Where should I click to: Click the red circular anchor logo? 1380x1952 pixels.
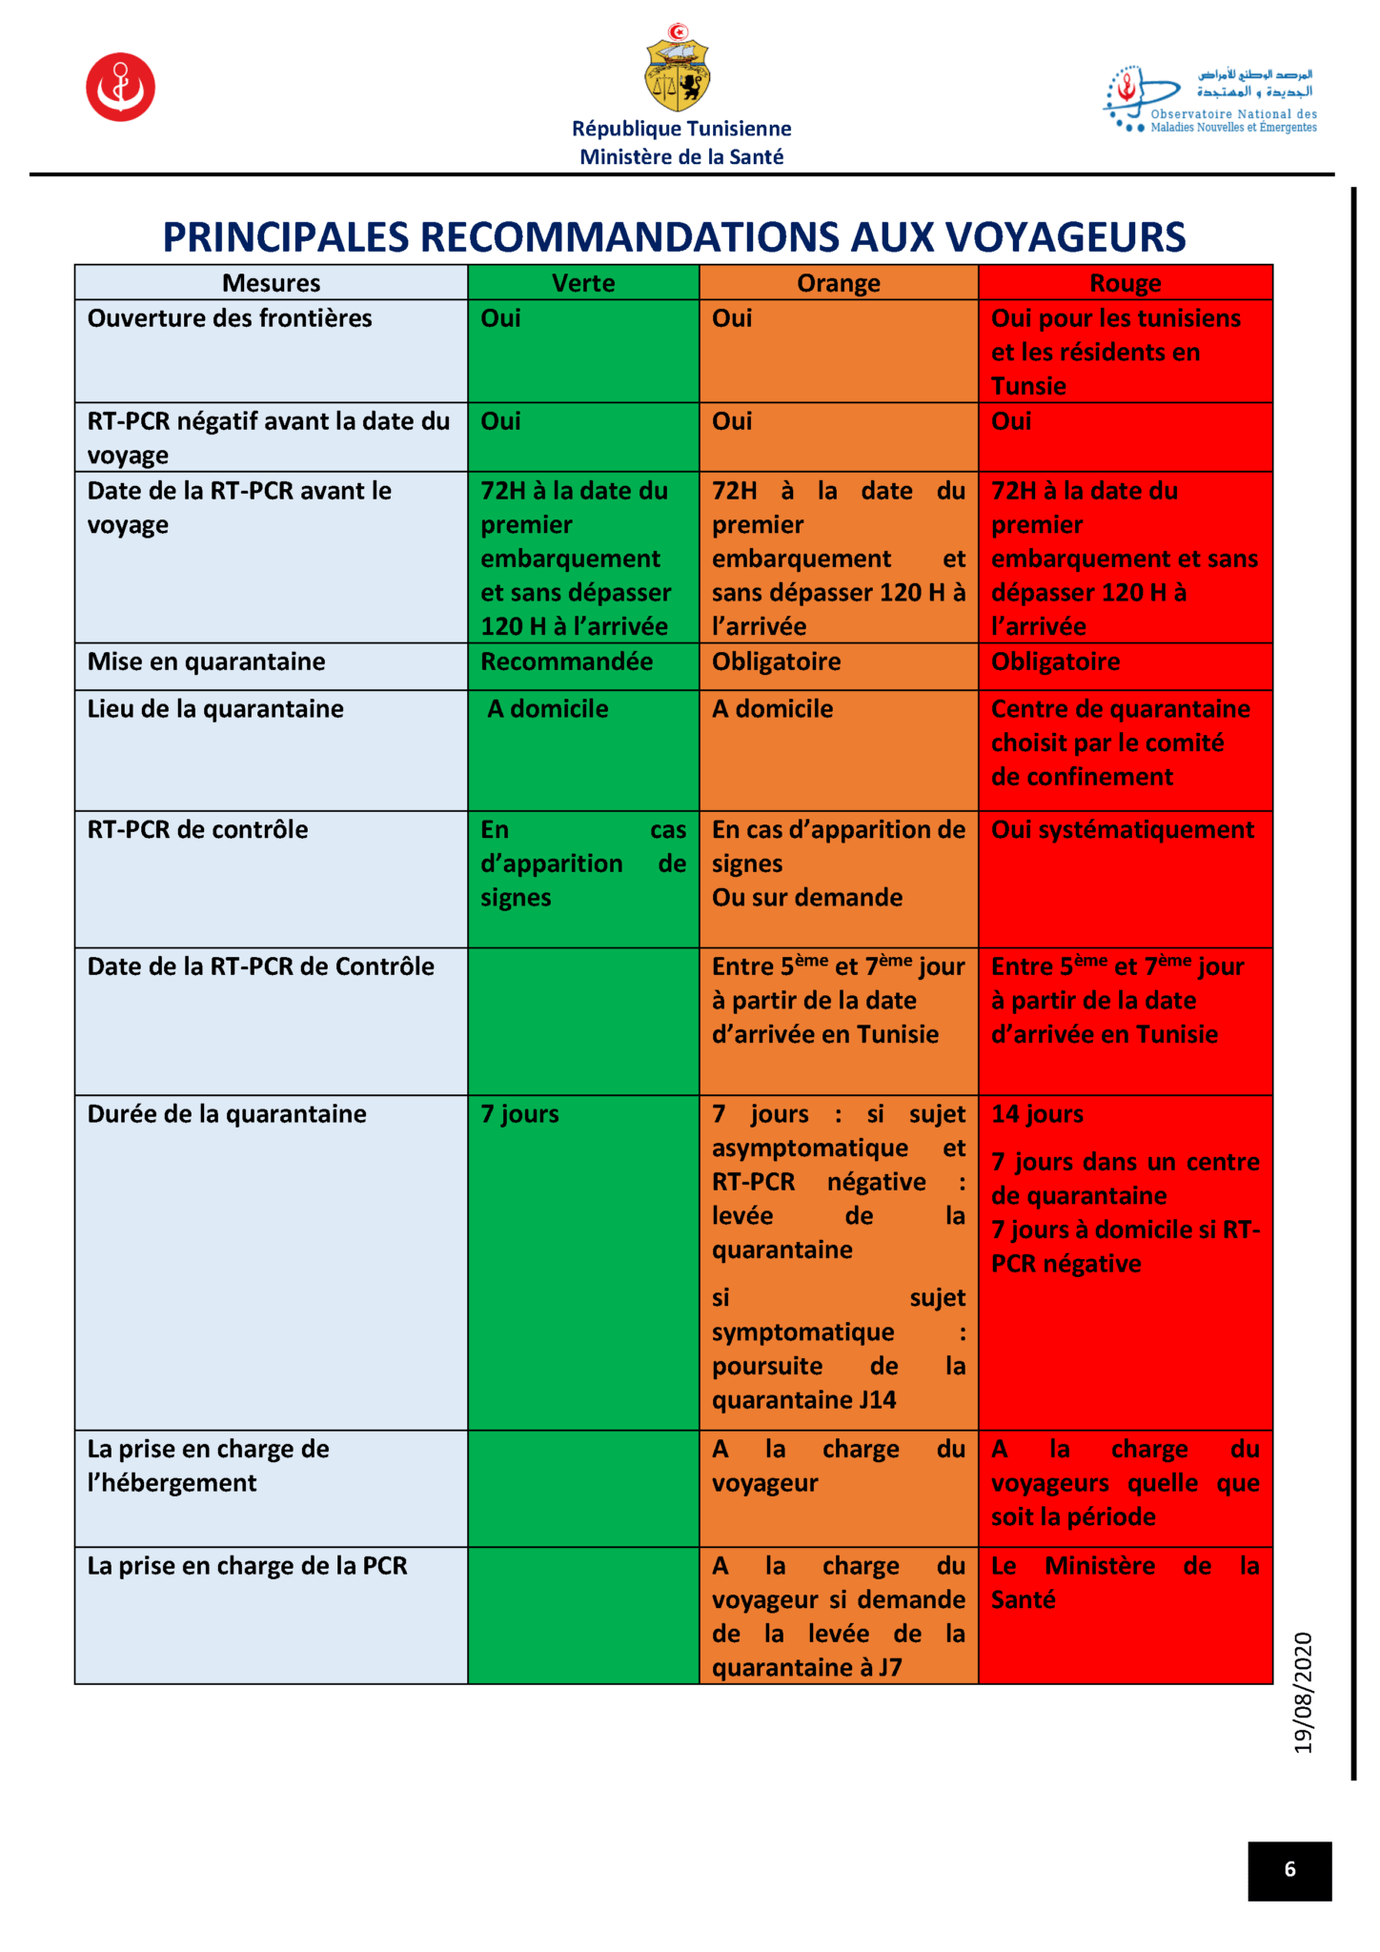coord(120,87)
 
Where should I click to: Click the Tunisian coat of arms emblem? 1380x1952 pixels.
coord(678,69)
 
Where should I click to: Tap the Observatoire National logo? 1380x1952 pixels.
coord(1209,99)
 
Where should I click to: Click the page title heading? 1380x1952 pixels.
coord(674,237)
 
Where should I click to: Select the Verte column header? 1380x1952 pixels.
coord(583,283)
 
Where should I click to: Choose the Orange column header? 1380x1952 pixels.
coord(839,283)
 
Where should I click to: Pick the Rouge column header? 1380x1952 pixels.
coord(1126,283)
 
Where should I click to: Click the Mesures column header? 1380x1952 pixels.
coord(271,283)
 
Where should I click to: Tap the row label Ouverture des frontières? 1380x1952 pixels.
coord(230,318)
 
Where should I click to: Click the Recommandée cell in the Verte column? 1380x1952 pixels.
coord(566,661)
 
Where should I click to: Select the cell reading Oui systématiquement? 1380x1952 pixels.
coord(1123,830)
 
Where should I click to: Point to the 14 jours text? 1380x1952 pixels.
coord(1037,1114)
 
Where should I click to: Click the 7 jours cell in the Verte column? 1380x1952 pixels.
coord(519,1114)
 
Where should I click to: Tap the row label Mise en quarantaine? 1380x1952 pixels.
coord(206,661)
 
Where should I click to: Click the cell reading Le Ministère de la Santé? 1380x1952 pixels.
coord(1125,1583)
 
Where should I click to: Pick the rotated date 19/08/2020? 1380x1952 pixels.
coord(1303,1693)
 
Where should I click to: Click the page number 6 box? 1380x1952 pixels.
coord(1289,1870)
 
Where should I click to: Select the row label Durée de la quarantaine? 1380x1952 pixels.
coord(227,1114)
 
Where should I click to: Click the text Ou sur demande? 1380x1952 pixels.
coord(807,898)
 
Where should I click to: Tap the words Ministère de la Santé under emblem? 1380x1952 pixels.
coord(681,157)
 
